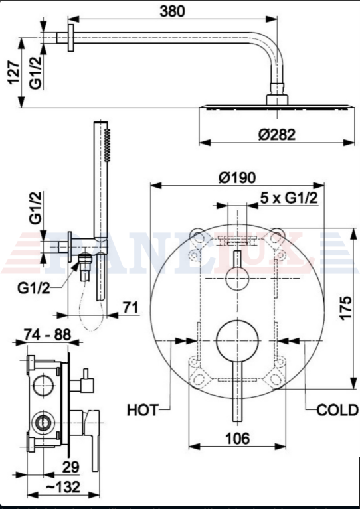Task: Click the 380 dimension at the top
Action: pos(172,11)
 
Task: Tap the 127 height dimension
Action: pos(15,72)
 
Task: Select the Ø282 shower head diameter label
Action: pos(277,135)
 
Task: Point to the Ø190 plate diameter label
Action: pos(237,178)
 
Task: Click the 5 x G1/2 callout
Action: pos(289,198)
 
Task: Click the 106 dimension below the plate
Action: pos(237,438)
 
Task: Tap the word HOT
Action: pos(142,410)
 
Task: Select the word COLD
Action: pos(337,411)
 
